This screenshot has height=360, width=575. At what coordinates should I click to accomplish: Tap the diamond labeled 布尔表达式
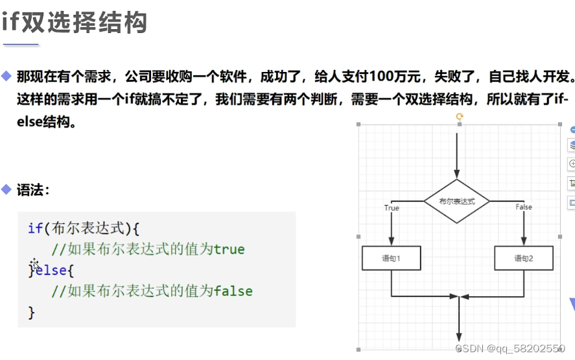[x=457, y=202]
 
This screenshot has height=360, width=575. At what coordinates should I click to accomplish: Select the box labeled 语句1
[x=392, y=258]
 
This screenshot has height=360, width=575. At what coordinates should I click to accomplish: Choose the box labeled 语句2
[x=524, y=258]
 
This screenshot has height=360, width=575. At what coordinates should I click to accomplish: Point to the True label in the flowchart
[x=392, y=208]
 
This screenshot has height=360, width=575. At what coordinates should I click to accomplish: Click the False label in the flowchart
[x=524, y=207]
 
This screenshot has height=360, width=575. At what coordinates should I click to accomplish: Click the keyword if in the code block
[x=34, y=228]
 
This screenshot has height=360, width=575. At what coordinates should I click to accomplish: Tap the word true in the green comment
[x=229, y=249]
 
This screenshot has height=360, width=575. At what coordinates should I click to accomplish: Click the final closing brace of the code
[x=31, y=312]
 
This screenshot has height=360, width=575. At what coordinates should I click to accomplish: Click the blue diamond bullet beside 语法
[x=6, y=189]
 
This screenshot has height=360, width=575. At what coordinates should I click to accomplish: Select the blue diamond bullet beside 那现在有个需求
[x=6, y=76]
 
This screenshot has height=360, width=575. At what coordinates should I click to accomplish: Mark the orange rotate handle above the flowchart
[x=459, y=117]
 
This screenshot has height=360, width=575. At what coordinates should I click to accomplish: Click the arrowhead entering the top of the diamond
[x=457, y=174]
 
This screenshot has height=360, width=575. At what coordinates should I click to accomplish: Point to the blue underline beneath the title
[x=21, y=44]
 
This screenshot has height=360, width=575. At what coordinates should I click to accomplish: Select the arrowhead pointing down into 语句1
[x=392, y=242]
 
